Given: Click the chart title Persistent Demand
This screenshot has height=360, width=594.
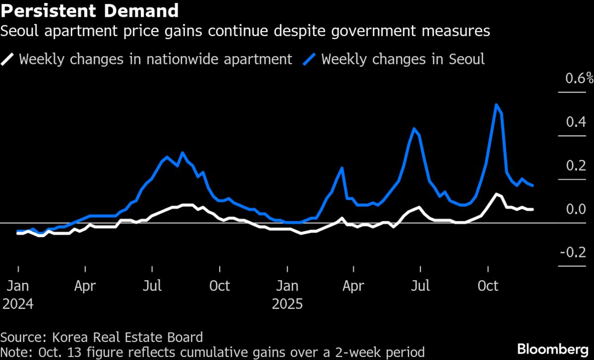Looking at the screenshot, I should point(90,10).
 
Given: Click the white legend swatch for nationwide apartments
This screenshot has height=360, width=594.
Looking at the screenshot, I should point(8,59).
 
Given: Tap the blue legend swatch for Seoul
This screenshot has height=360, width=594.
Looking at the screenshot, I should point(311,59).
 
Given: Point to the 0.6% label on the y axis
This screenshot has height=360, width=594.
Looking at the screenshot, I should point(575,78).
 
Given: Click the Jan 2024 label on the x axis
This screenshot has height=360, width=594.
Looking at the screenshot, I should point(18,294).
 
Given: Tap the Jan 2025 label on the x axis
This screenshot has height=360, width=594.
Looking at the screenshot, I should point(287,294).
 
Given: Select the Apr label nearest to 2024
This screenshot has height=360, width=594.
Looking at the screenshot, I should point(86,286).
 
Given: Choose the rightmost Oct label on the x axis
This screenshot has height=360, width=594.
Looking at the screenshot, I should point(489,286).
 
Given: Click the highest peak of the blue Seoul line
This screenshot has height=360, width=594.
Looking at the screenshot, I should point(496,104).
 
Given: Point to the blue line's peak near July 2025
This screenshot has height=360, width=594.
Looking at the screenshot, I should point(414,129).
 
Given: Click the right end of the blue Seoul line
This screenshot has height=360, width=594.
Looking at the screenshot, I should point(533,185).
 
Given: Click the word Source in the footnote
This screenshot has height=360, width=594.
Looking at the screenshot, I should point(21,338).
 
